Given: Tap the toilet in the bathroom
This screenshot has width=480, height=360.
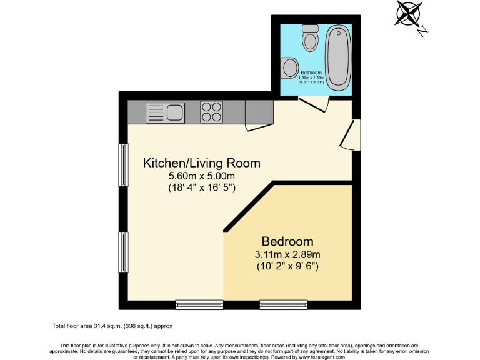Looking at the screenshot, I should point(309,38).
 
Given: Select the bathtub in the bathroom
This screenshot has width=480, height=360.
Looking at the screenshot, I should point(338,56).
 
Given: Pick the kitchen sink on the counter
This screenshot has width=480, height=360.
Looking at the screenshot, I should point(165,112).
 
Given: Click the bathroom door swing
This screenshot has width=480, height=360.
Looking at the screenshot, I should point(314,105).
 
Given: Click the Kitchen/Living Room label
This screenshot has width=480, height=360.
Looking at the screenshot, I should point(201,163).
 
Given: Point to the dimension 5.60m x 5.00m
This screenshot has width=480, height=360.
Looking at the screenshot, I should point(201,176).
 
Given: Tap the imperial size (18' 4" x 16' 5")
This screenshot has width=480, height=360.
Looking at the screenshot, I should point(201,187).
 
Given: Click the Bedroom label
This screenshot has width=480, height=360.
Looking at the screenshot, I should point(287,241).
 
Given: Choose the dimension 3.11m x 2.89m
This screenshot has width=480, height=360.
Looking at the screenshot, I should point(287,254).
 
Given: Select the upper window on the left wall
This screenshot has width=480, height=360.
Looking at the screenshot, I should point(124,166).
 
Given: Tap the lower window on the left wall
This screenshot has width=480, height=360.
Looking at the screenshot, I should point(124,253).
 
